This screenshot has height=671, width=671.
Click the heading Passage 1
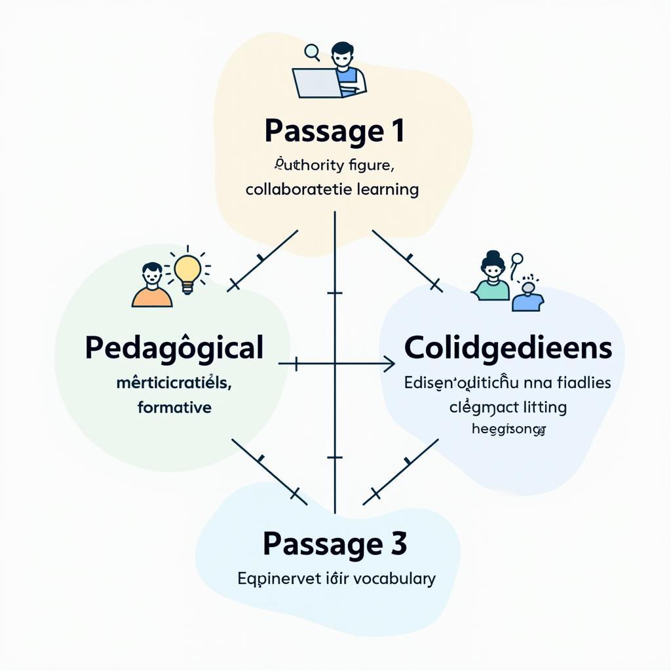[334, 130]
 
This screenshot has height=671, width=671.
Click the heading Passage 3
[334, 543]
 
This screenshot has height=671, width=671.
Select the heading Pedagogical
[174, 347]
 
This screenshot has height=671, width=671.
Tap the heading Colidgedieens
[508, 348]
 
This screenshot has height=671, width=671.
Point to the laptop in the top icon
[316, 83]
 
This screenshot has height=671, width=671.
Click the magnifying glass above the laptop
[312, 51]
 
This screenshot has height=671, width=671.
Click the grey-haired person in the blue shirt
[527, 296]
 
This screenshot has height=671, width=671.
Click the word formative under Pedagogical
[174, 407]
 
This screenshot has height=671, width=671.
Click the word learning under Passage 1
[389, 189]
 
